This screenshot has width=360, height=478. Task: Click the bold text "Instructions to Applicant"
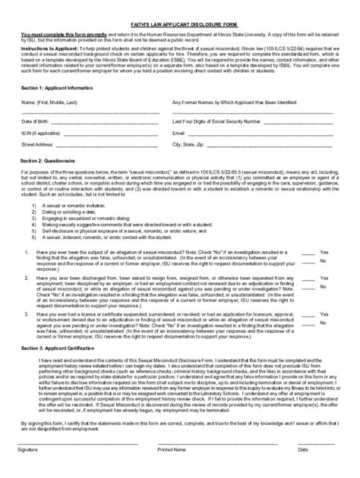point(46,45)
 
